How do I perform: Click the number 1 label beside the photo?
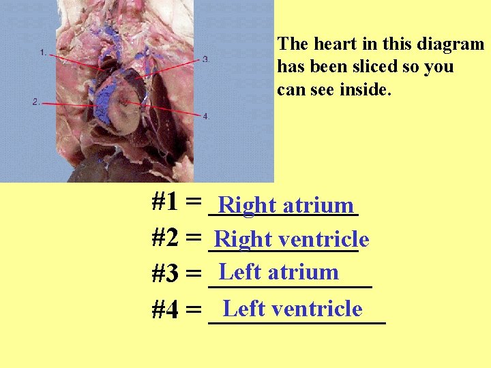43,52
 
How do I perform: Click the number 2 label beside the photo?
35,102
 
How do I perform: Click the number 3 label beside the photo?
206,59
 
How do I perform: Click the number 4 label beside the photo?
206,117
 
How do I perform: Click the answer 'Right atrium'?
286,205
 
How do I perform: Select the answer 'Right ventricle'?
291,239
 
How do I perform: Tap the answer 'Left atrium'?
278,272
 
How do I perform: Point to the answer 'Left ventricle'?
293,309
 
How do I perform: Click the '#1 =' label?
176,202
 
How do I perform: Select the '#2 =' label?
176,238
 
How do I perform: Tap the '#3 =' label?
176,274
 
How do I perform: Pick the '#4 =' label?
176,310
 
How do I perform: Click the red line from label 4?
170,110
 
